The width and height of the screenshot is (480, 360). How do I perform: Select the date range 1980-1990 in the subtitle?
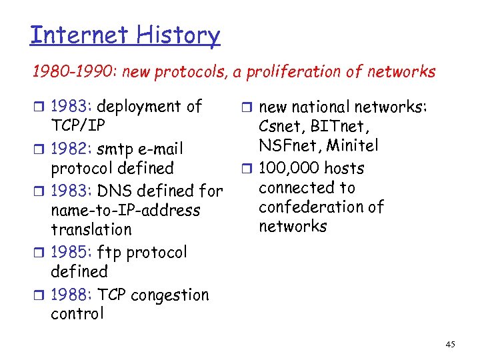click(61, 72)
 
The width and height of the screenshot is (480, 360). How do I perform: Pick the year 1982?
click(71, 148)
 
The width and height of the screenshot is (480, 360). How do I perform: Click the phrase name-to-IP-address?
click(125, 211)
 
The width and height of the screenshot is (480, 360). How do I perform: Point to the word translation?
click(91, 230)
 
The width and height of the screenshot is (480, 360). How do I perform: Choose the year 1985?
click(71, 253)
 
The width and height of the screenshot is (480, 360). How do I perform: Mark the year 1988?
click(71, 295)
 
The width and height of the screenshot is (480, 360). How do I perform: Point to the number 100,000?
click(287, 168)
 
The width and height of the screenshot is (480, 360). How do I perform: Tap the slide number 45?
click(450, 344)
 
